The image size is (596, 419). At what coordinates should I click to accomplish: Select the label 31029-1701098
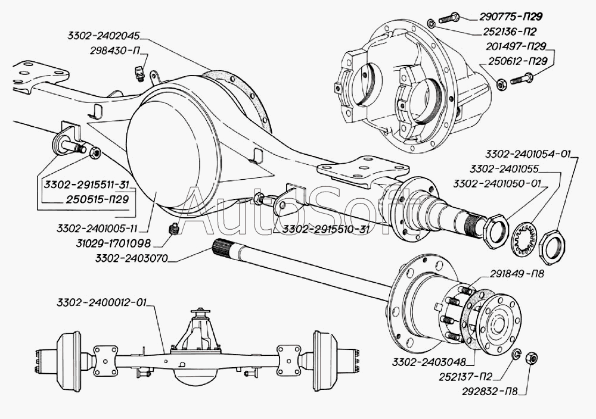(x=113, y=243)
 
